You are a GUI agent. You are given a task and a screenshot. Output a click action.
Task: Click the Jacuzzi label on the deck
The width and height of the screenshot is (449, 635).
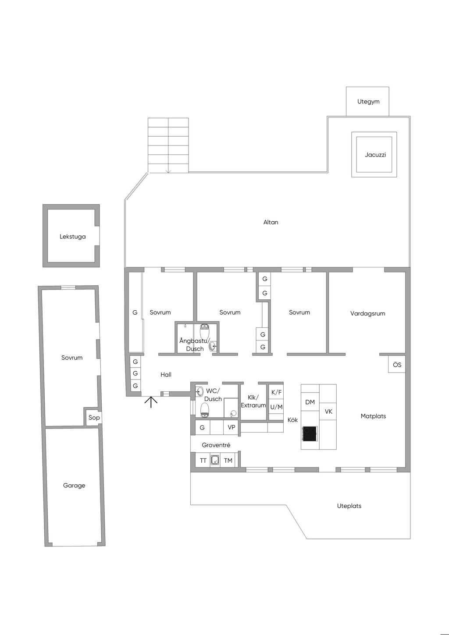pyautogui.click(x=375, y=155)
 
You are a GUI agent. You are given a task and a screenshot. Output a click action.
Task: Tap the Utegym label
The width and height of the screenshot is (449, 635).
pyautogui.click(x=368, y=102)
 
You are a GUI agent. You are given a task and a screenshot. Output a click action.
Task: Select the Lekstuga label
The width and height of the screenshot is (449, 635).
pyautogui.click(x=73, y=236)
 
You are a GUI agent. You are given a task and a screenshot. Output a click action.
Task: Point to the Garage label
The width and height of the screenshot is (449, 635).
pyautogui.click(x=74, y=485)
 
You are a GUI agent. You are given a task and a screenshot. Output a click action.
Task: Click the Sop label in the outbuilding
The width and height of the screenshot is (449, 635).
pyautogui.click(x=94, y=417)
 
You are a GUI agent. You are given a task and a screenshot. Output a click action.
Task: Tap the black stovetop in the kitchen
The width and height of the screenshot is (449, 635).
pyautogui.click(x=310, y=433)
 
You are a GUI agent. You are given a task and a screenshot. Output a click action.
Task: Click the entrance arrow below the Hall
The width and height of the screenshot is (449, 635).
pyautogui.click(x=151, y=402)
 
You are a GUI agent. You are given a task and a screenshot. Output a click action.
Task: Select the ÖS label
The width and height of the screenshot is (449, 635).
pyautogui.click(x=397, y=365)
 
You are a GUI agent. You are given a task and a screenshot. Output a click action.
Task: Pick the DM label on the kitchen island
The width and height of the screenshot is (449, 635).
pyautogui.click(x=310, y=402)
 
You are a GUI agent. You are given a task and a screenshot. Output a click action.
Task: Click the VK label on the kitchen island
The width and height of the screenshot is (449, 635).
pyautogui.click(x=328, y=412)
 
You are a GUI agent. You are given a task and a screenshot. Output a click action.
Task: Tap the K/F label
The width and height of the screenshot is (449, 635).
pyautogui.click(x=277, y=392)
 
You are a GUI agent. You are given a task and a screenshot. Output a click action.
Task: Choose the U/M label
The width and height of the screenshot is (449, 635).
pyautogui.click(x=276, y=407)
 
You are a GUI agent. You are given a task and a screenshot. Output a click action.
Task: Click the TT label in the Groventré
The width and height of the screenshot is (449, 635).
pyautogui.click(x=203, y=461)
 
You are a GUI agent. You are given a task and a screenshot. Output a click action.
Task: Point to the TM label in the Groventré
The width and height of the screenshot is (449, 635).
pyautogui.click(x=228, y=461)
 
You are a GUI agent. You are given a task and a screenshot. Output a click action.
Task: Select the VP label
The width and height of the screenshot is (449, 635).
pyautogui.click(x=232, y=427)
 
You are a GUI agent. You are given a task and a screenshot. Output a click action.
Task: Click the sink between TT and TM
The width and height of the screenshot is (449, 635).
pyautogui.click(x=215, y=461)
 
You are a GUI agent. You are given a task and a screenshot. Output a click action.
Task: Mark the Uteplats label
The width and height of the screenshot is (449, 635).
pyautogui.click(x=349, y=506)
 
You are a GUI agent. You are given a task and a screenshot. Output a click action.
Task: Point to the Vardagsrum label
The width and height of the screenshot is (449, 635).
pyautogui.click(x=367, y=313)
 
